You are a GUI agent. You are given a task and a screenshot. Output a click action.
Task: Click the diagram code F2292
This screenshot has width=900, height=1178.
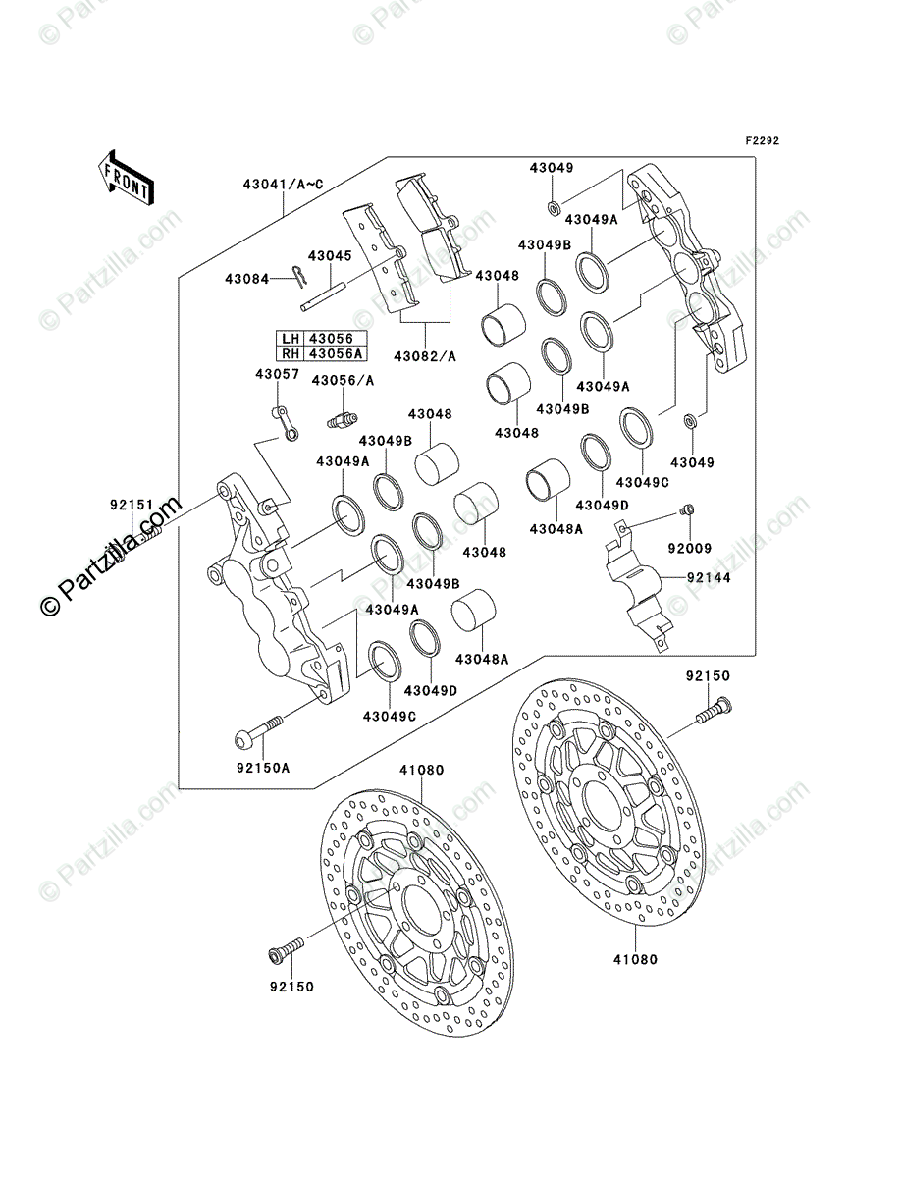point(762,141)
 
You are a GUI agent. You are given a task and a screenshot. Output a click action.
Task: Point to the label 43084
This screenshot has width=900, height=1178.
point(246,280)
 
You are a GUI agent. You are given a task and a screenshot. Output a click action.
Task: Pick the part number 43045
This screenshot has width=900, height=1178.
point(329,256)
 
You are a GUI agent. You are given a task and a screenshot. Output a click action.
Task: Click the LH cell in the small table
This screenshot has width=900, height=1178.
point(289,338)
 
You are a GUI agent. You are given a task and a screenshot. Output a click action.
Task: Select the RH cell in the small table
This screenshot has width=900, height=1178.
point(289,353)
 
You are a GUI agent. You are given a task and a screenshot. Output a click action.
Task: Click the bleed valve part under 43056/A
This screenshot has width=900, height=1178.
point(339,419)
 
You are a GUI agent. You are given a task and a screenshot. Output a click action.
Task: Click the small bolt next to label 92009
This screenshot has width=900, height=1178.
point(687,510)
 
